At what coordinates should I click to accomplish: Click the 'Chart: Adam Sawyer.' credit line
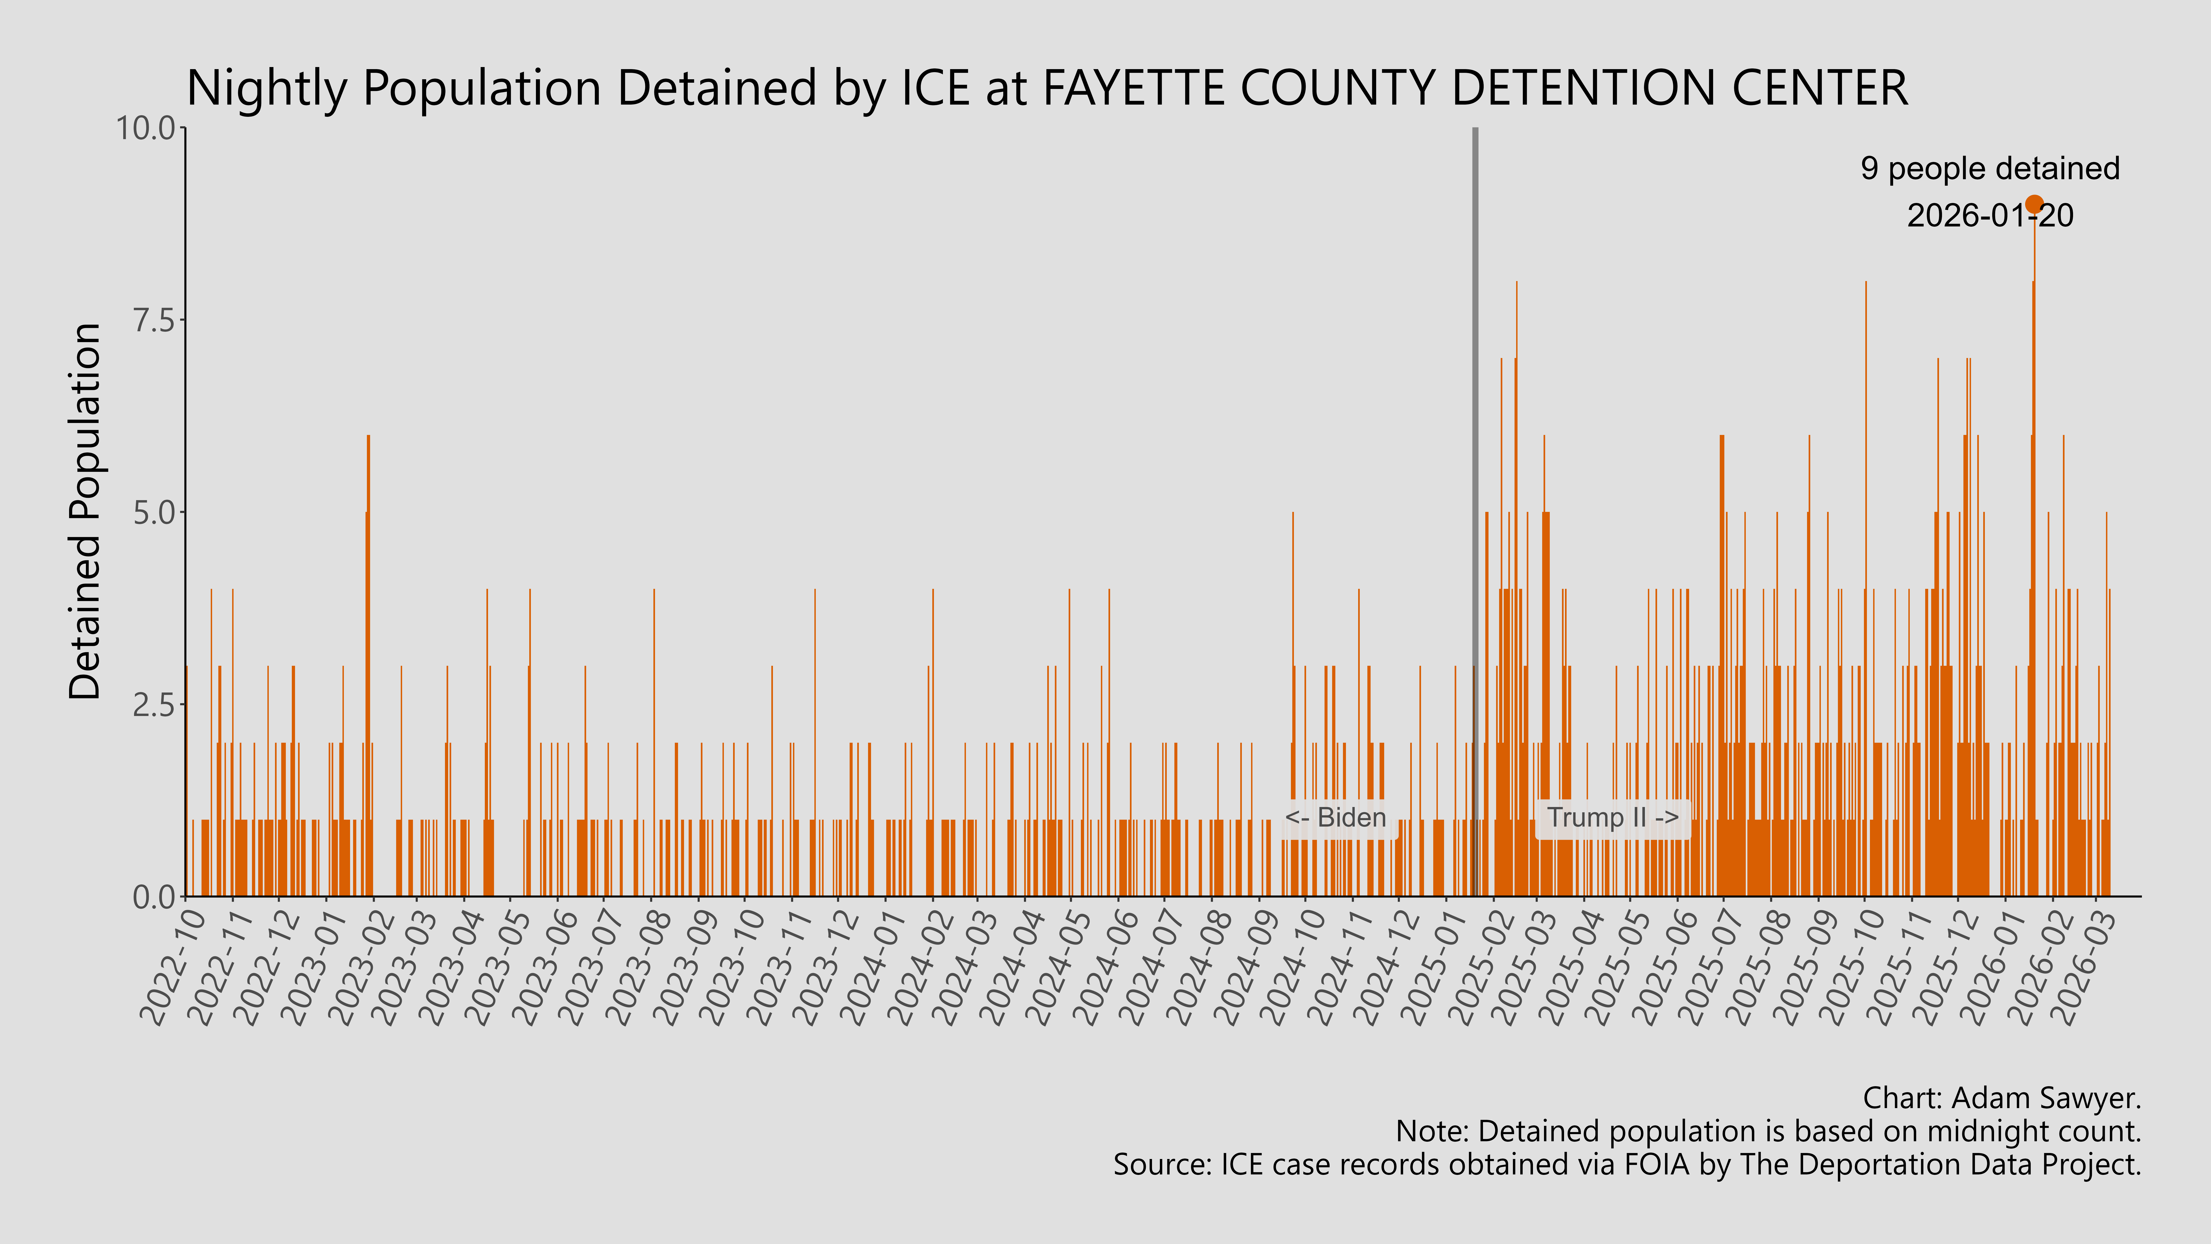pyautogui.click(x=2002, y=1098)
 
